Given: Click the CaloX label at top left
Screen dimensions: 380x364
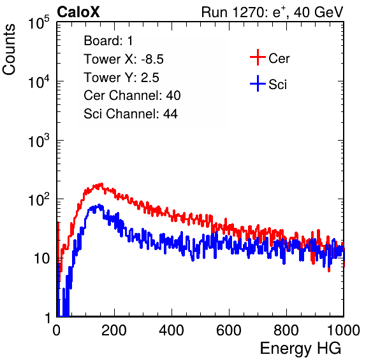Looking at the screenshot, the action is (78, 12).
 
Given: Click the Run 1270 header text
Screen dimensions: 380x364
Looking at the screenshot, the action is (272, 12).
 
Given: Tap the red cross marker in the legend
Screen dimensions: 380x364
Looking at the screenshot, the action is (258, 57).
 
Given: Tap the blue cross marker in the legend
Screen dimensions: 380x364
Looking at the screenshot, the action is (258, 83).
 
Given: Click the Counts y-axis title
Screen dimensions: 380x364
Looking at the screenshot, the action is (9, 50).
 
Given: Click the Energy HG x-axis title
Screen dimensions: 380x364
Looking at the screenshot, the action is (300, 349).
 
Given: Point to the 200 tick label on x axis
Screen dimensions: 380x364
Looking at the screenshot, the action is (113, 330).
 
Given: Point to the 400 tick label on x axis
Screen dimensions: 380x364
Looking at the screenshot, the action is (172, 330).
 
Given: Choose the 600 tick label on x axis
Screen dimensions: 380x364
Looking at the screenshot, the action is (229, 330).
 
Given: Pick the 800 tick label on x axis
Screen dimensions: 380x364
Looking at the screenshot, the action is (286, 330).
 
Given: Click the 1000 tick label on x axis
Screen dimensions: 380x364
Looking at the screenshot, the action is (344, 330).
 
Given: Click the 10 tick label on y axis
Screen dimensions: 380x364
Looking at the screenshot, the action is (41, 258).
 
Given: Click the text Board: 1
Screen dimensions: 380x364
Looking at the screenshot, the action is (108, 41).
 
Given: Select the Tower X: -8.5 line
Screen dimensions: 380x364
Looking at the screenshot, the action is (124, 59).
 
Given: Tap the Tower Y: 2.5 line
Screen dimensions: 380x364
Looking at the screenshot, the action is (121, 78).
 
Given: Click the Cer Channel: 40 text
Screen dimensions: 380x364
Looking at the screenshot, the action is (132, 95).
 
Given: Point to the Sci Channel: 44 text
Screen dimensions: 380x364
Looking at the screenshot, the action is (131, 114).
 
